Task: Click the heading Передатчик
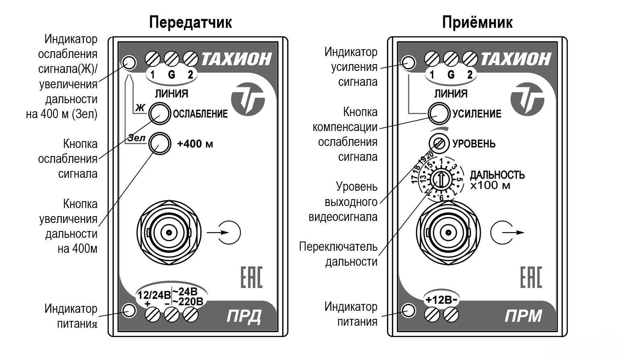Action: [190, 22]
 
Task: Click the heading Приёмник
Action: [477, 22]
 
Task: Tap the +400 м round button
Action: [159, 143]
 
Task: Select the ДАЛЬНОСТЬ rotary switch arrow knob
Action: [441, 179]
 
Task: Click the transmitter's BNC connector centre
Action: [169, 233]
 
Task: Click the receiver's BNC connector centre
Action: [448, 233]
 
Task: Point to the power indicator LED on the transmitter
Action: [129, 310]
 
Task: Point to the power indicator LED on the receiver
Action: [409, 310]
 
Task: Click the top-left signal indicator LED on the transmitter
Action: [129, 62]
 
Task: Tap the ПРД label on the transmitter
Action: [243, 316]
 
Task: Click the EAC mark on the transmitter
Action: [251, 277]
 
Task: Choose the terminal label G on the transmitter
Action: [172, 74]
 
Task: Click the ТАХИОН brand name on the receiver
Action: [516, 59]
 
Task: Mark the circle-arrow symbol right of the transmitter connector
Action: [229, 233]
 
